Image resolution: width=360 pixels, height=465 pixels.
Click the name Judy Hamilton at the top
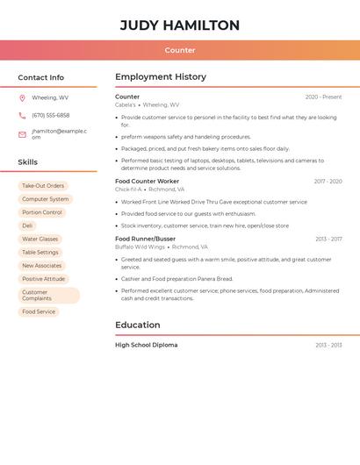180,25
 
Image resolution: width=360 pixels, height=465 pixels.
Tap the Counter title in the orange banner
180,50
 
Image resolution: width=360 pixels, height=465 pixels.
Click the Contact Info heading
40,77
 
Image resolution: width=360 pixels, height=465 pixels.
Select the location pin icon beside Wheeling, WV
22,97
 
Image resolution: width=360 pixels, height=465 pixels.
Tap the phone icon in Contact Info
22,115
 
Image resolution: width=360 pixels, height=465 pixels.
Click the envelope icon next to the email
22,134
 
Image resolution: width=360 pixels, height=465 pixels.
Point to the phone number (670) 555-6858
51,115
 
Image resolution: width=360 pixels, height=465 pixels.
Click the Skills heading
27,162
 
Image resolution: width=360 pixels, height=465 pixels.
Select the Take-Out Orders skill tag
43,186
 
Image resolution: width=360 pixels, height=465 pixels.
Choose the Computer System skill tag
45,199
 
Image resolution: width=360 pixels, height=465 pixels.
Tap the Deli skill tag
27,225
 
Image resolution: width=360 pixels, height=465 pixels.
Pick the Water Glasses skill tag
40,239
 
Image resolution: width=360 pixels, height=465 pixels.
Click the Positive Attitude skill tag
43,279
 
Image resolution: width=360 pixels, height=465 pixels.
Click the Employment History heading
161,77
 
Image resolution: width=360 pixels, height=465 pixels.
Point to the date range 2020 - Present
323,97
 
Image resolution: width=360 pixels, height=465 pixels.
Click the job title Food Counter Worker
147,182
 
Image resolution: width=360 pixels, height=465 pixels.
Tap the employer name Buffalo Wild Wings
140,247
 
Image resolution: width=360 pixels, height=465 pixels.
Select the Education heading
138,325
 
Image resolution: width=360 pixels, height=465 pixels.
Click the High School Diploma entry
146,345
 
